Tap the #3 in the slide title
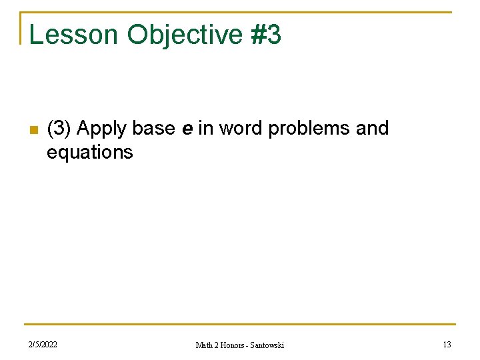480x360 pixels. [267, 35]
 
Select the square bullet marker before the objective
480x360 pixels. [31, 129]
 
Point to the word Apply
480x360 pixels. [101, 128]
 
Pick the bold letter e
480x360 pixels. [187, 129]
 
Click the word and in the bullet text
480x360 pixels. [372, 128]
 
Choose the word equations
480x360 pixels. [89, 152]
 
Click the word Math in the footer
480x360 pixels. [204, 345]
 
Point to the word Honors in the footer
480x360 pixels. [234, 345]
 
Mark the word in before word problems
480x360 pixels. [205, 128]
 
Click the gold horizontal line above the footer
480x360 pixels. [240, 325]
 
